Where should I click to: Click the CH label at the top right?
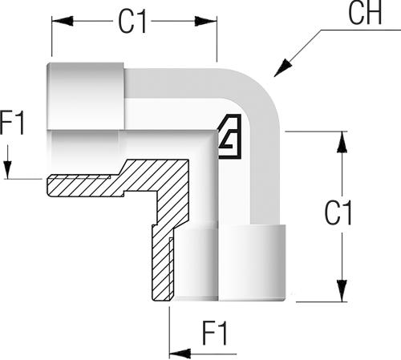365,13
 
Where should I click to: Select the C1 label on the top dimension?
132,22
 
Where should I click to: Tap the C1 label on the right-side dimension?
338,212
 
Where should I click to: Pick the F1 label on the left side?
12,123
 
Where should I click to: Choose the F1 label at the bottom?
215,334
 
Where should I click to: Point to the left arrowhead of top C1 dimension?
63,21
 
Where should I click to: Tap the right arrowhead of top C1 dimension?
205,21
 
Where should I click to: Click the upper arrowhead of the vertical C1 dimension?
342,142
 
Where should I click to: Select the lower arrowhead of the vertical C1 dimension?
342,291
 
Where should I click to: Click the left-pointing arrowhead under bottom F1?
180,354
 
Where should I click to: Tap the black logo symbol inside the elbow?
230,136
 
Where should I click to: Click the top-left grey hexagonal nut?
86,96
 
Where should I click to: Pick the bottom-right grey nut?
252,262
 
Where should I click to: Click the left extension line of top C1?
51,36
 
